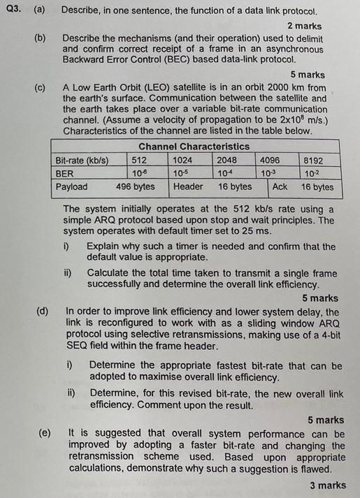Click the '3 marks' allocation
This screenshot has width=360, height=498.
coord(329,485)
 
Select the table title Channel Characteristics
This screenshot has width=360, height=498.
coord(194,146)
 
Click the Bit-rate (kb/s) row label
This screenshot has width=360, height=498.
coord(82,160)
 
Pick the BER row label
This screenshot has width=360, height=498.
coord(64,173)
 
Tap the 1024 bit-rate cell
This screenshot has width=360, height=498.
coord(183,160)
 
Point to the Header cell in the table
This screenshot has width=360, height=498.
coord(188,186)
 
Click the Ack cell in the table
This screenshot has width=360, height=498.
coord(280,186)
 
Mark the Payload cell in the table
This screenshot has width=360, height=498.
coord(72,186)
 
